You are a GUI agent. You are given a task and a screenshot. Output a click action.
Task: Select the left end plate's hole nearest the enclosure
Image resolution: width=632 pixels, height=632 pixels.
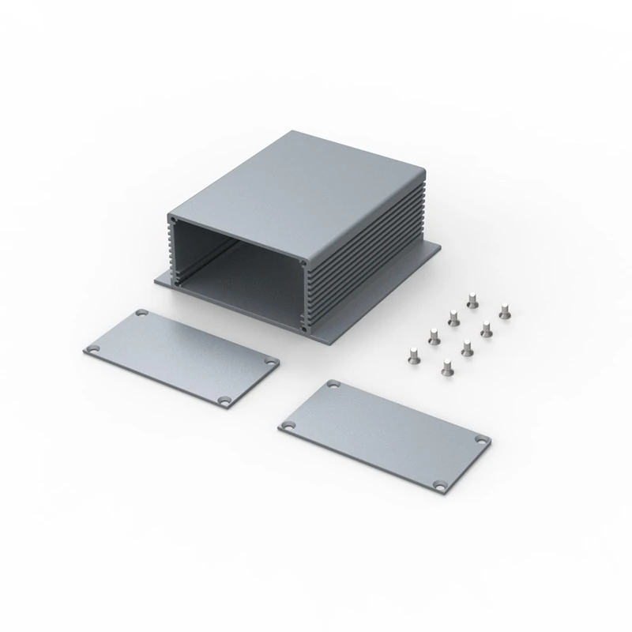pos(141,314)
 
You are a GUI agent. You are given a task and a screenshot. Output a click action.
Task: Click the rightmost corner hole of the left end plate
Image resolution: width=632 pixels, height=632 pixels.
pos(272,363)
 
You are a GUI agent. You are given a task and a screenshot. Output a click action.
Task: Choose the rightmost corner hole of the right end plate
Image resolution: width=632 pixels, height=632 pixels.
pos(480,439)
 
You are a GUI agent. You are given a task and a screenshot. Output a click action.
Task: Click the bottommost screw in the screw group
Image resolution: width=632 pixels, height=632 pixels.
pos(446,366)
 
